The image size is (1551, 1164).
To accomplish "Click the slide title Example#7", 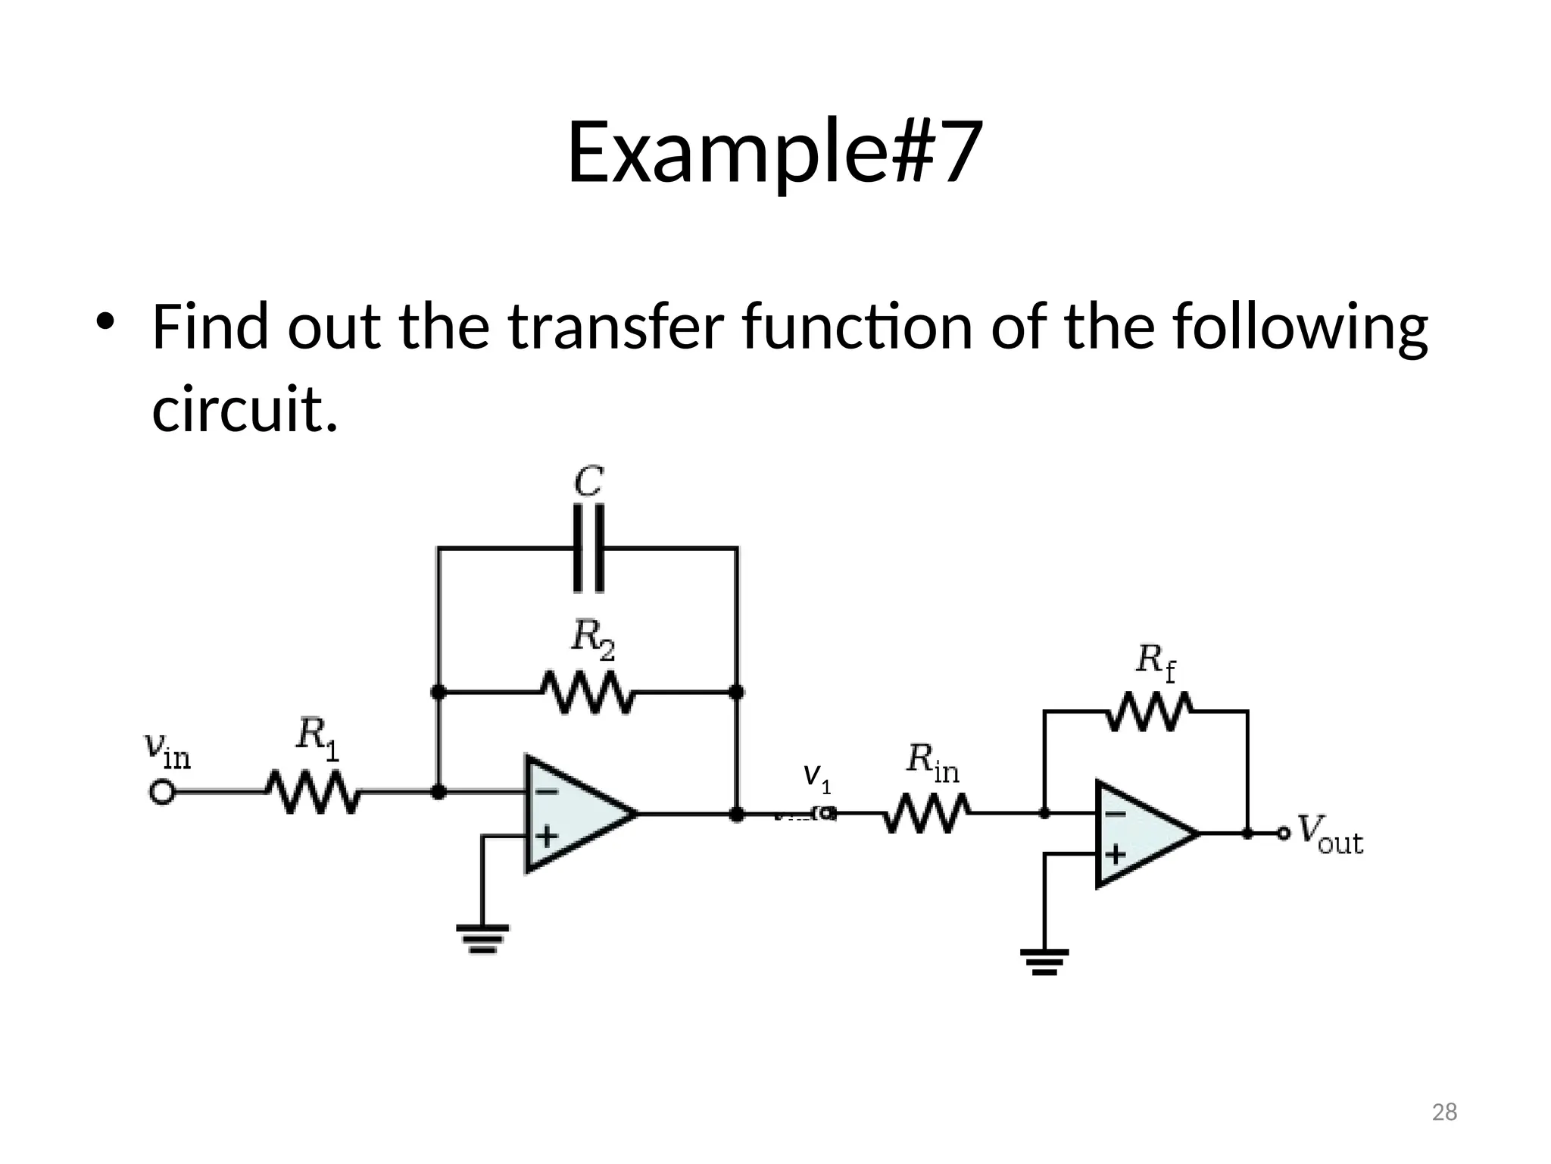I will point(775,152).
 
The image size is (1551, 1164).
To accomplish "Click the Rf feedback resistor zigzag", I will point(1148,712).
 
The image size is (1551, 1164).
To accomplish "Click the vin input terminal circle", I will point(161,793).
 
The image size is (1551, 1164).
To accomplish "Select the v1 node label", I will point(817,778).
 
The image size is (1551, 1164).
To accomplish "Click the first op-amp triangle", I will point(572,814).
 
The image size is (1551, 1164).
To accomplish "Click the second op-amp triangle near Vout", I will point(1140,834).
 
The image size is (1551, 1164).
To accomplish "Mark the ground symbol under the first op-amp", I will point(482,938).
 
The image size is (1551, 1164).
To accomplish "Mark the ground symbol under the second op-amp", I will point(1044,961).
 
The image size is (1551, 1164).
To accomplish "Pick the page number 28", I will point(1444,1112).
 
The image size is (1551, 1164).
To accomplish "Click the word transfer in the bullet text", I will point(616,327).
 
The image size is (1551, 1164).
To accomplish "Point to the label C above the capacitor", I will point(588,482).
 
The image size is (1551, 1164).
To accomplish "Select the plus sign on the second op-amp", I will point(1114,854).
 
